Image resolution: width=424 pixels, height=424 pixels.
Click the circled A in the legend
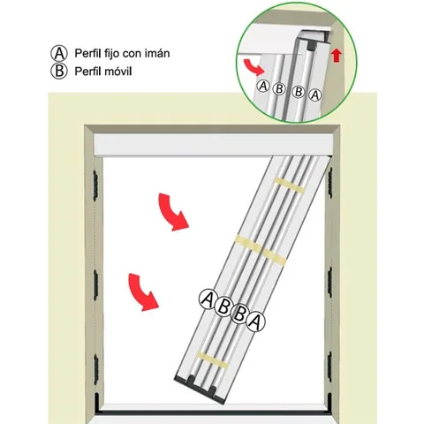pyautogui.click(x=59, y=53)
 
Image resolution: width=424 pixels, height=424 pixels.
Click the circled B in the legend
pyautogui.click(x=59, y=71)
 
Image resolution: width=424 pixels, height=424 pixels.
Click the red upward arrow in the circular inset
pyautogui.click(x=336, y=56)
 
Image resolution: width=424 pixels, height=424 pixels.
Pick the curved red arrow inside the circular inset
pyautogui.click(x=254, y=67)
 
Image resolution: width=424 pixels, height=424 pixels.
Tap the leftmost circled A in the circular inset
pyautogui.click(x=263, y=87)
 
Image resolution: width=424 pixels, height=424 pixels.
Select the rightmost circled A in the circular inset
pyautogui.click(x=315, y=95)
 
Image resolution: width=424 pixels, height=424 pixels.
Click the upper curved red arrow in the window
pyautogui.click(x=173, y=212)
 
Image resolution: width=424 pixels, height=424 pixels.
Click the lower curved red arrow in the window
pyautogui.click(x=143, y=291)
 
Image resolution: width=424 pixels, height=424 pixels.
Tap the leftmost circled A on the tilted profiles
pyautogui.click(x=208, y=299)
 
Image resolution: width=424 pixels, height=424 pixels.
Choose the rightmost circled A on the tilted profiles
pyautogui.click(x=255, y=322)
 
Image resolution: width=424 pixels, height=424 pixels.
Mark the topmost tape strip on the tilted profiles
pyautogui.click(x=290, y=185)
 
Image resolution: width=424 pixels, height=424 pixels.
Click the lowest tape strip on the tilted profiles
pyautogui.click(x=212, y=360)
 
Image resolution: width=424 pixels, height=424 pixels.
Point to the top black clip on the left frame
pyautogui.click(x=95, y=185)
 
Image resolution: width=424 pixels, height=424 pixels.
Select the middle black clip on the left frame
pyautogui.click(x=95, y=285)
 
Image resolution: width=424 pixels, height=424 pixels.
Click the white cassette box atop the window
pyautogui.click(x=213, y=145)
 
